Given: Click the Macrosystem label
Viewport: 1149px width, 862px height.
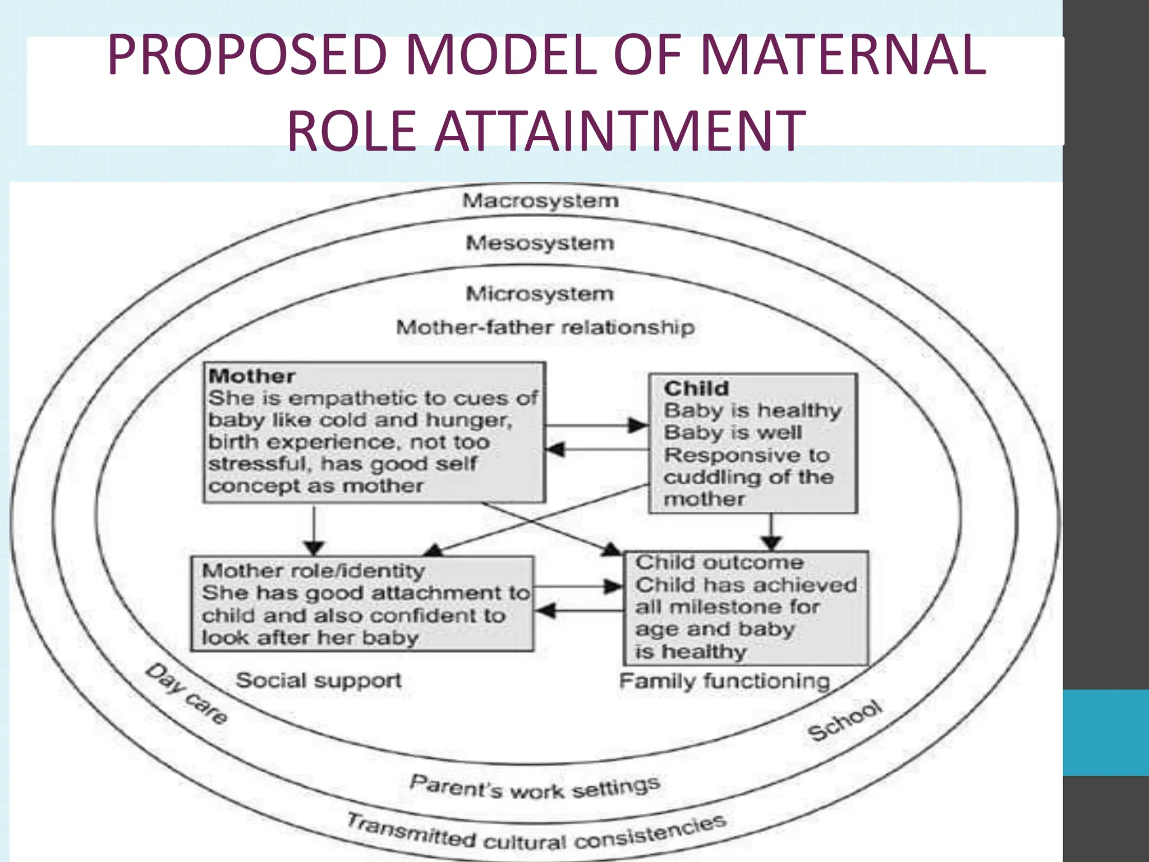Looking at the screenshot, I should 540,201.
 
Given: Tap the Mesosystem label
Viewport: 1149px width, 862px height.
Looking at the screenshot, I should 540,243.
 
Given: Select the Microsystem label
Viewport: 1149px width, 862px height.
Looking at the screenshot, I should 540,294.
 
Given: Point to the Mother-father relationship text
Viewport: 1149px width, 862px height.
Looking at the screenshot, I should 545,327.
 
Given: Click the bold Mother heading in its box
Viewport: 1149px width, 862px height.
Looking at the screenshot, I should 251,376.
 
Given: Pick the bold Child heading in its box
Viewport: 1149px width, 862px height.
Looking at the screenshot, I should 696,388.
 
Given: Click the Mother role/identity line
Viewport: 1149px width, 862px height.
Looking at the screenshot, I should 313,571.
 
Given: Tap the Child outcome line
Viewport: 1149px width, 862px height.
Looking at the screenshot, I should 719,562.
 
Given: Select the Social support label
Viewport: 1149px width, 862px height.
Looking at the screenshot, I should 318,680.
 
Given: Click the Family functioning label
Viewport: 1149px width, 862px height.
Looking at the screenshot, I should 724,681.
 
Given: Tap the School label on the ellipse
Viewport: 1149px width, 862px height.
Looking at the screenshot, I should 845,721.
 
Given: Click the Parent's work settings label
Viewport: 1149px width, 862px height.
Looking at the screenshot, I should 534,787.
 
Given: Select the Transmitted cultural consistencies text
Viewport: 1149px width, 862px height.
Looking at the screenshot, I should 536,834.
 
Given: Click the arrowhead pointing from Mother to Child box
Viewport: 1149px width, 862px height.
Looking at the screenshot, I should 637,425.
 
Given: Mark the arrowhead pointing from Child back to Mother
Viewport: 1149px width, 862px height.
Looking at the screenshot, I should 555,450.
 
